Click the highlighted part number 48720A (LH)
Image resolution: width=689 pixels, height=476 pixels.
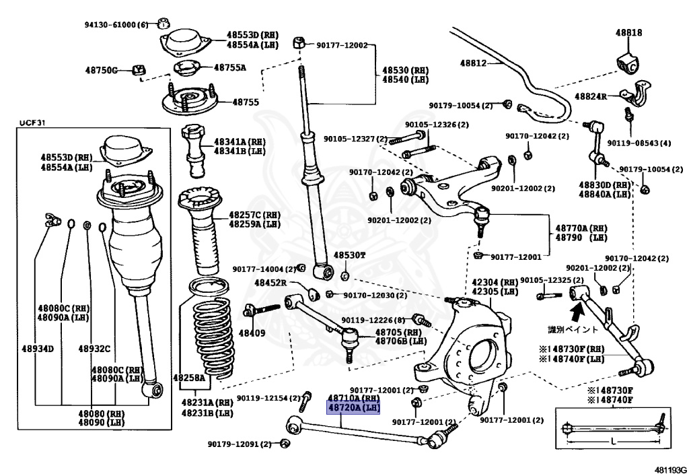coord(353,408)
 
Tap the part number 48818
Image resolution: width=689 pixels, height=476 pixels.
coord(628,32)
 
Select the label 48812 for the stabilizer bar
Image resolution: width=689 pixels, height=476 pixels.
coord(473,63)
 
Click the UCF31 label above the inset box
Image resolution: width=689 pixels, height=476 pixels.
coord(32,123)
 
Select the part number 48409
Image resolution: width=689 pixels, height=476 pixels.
coord(252,333)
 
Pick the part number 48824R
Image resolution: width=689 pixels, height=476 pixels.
coord(591,96)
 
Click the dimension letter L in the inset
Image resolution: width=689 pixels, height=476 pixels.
coord(614,441)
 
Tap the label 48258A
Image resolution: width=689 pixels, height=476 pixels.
coord(189,378)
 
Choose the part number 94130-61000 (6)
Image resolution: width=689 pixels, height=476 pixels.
coord(116,25)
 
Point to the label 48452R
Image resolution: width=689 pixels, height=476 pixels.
coord(270,283)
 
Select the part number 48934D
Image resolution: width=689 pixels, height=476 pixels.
coord(38,349)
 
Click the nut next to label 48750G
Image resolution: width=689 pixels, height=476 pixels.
coord(139,69)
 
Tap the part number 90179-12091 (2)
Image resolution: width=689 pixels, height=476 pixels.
coord(240,444)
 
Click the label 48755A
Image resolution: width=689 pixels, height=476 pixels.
coord(230,67)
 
